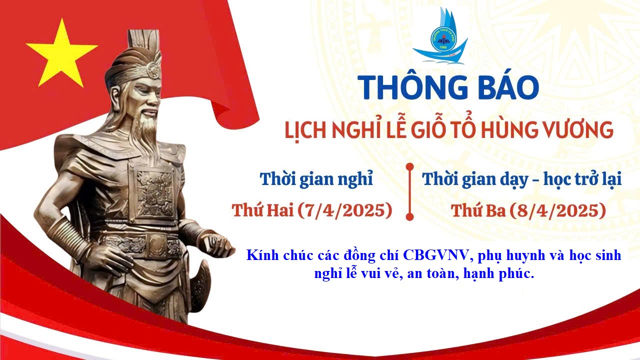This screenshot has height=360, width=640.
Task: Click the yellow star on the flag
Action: click(x=61, y=54)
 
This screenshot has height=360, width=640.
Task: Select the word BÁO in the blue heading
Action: click(x=509, y=87)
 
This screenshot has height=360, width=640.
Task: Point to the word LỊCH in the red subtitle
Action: click(x=306, y=130)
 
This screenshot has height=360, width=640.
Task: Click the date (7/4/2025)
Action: click(x=345, y=210)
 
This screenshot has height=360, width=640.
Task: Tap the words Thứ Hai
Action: click(x=263, y=210)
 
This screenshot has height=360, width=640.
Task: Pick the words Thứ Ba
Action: click(x=478, y=210)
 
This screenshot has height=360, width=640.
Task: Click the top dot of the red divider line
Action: click(x=409, y=166)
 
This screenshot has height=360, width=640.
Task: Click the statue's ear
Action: click(x=115, y=94)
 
